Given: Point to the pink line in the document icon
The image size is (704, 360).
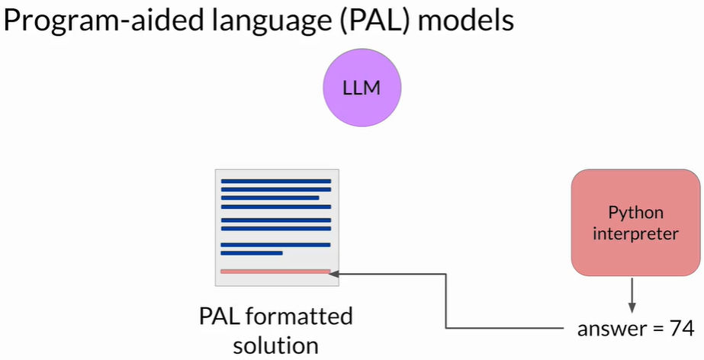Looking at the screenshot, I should coord(275,271).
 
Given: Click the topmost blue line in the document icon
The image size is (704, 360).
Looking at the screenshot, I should coord(275,182).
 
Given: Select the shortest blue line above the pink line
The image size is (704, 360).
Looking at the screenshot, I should coord(252,252).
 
